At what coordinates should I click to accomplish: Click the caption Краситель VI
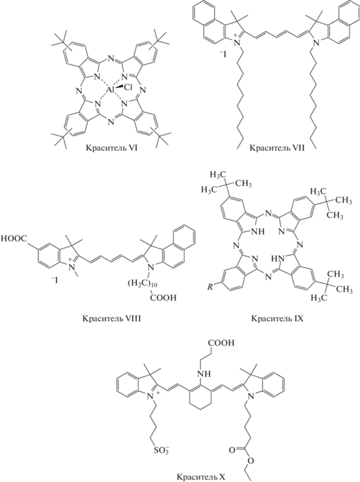click(x=112, y=149)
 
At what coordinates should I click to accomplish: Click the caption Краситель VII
click(x=277, y=149)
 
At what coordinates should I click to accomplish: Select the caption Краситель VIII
click(x=112, y=318)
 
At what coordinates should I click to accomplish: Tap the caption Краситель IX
click(x=277, y=318)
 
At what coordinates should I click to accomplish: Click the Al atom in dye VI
click(x=111, y=90)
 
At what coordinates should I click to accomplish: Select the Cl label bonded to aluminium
click(x=128, y=87)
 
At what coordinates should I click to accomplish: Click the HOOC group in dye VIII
click(x=15, y=239)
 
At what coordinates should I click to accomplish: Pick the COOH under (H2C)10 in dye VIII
click(x=164, y=297)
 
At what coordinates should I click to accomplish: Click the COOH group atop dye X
click(x=221, y=343)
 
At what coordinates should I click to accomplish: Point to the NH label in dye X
click(x=205, y=374)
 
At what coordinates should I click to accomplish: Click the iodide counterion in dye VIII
click(x=53, y=280)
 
